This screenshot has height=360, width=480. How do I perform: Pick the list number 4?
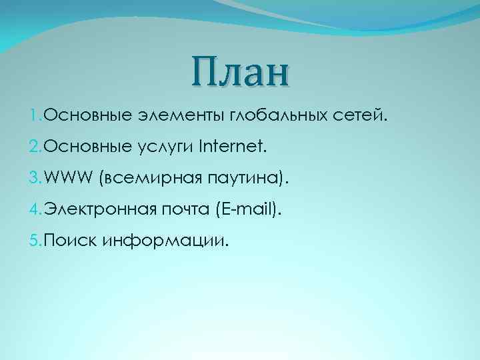tap(34, 211)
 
